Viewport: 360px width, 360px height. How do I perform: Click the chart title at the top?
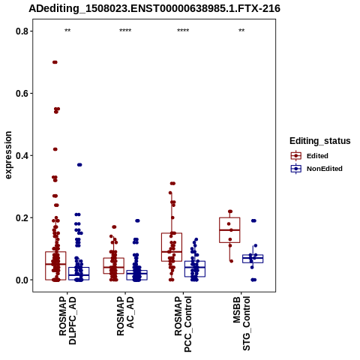[154, 8]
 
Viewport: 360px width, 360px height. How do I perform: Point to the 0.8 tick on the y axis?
[21, 31]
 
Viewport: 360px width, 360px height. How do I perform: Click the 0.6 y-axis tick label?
[21, 94]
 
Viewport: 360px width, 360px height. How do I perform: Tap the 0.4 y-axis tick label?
[21, 155]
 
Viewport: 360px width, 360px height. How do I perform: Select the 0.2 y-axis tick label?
[21, 217]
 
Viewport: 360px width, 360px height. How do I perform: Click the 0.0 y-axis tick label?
[21, 280]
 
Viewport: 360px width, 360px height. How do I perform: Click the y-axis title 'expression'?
[8, 155]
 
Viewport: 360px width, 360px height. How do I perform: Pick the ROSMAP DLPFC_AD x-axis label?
[67, 320]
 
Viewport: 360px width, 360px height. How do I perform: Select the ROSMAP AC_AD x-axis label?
[125, 316]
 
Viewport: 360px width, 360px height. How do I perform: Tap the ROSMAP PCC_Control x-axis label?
[183, 324]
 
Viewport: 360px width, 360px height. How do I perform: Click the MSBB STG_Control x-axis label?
[241, 323]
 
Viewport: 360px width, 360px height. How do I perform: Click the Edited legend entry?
[310, 156]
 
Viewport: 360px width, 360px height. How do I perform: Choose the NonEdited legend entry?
[316, 169]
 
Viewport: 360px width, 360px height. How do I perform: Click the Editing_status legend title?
[320, 141]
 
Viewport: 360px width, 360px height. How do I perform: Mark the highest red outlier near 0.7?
[55, 62]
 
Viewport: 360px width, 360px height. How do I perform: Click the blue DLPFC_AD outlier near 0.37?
[79, 165]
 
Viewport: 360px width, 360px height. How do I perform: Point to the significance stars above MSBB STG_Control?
[241, 31]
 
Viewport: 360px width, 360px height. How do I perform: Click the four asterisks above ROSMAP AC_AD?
[125, 31]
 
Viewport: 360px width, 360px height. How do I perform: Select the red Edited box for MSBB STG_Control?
[229, 230]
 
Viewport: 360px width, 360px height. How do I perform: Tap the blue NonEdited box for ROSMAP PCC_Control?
[195, 268]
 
